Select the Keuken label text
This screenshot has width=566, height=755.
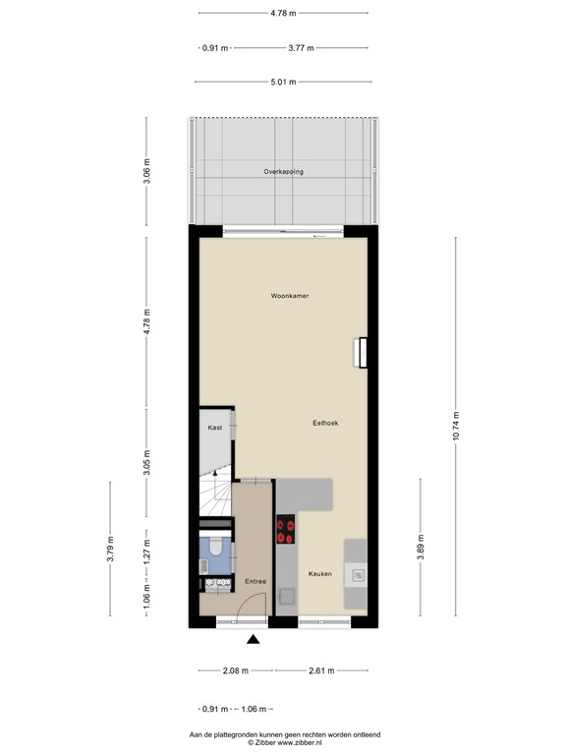coord(319,573)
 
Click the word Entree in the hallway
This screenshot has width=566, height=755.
coord(255,582)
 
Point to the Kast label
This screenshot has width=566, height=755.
coord(214,429)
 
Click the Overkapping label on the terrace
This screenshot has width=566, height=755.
coord(283,172)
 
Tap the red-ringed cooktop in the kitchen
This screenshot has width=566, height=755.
coord(286,531)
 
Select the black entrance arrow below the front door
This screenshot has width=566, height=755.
coord(254,640)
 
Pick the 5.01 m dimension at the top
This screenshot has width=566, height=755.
coord(283,82)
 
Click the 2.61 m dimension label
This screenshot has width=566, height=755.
coord(321,671)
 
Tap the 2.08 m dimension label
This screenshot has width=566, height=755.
coord(236,671)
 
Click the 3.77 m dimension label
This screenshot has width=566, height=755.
coord(302,47)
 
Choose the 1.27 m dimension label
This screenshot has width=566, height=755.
coord(147,549)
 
